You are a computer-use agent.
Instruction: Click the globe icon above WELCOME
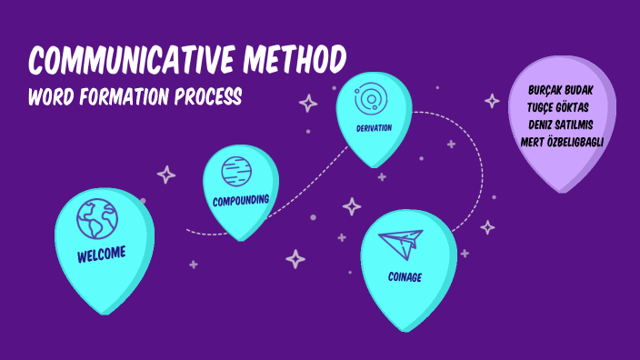96,218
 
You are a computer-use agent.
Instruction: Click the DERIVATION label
374,127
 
